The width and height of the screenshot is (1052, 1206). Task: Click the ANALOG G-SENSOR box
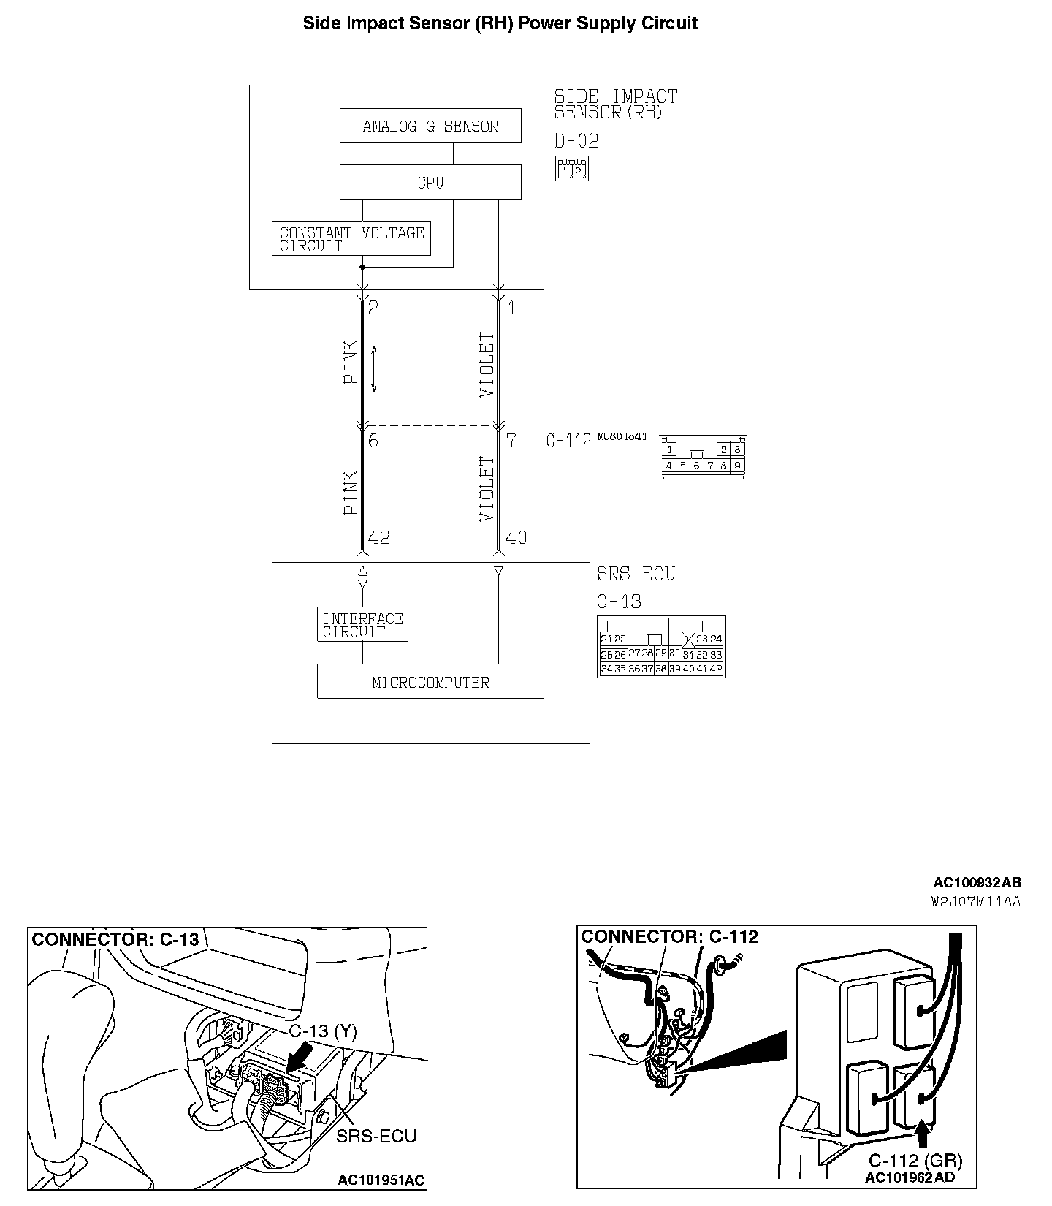pos(430,126)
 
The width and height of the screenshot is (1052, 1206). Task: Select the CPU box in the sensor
pos(430,182)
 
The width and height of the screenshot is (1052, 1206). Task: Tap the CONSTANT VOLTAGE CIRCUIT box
pos(351,239)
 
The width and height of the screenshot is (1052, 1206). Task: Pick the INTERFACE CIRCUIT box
pos(362,625)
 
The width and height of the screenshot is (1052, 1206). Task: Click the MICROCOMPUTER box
pos(430,682)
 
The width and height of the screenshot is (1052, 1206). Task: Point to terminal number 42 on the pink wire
pos(379,538)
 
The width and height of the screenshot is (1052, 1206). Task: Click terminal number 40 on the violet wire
pos(516,538)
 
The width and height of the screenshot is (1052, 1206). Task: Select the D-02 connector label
pos(576,141)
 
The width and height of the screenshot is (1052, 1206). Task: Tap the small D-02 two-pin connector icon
pos(571,170)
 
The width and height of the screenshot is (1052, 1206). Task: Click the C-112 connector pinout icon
pos(703,458)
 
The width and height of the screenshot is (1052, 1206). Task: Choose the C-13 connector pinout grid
pos(661,647)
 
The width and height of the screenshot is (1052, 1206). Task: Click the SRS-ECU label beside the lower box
pos(636,574)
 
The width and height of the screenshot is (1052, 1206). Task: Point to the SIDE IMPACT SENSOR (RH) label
pos(616,104)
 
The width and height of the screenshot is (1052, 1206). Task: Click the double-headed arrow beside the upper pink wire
pos(373,369)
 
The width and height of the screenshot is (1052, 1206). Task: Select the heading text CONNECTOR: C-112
pos(669,937)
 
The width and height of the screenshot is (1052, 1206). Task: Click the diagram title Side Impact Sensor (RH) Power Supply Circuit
pos(500,23)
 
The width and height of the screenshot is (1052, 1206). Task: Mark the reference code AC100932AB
pos(977,883)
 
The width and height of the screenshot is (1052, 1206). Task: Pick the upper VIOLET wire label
pos(487,365)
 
